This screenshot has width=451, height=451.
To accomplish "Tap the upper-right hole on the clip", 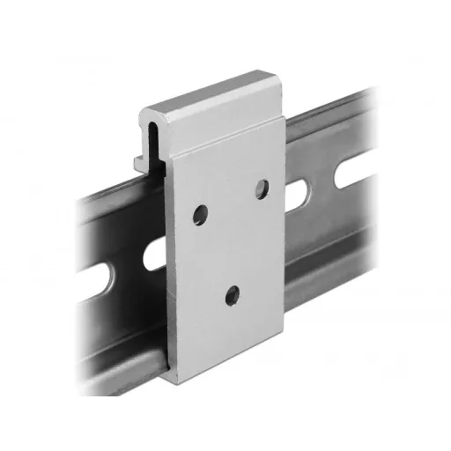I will point(261,188).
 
